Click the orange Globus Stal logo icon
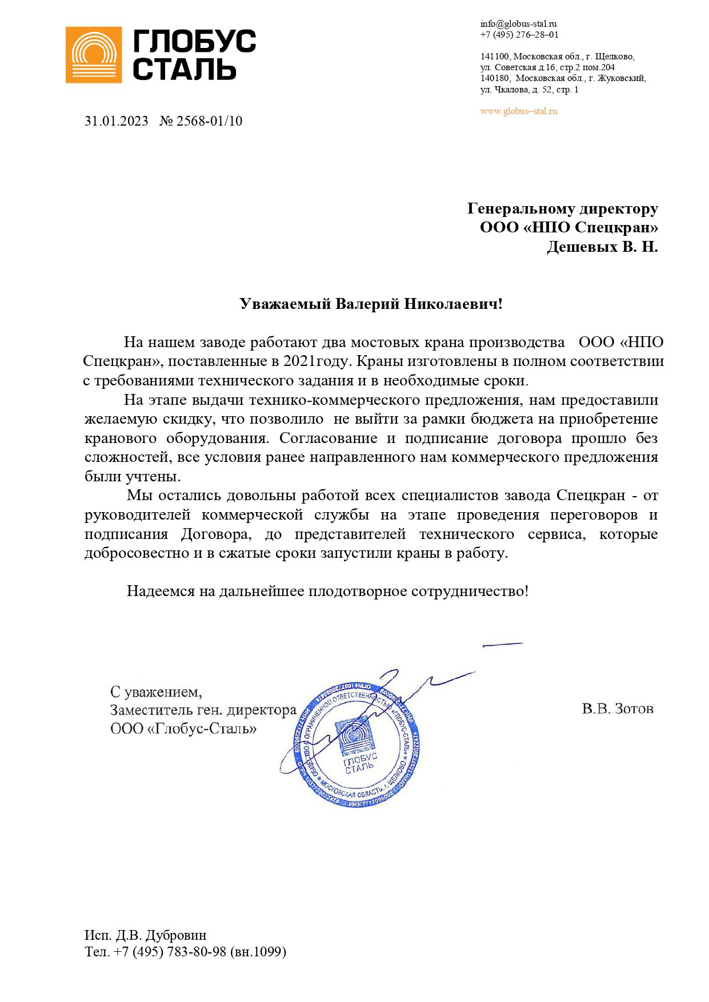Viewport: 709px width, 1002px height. coord(94,55)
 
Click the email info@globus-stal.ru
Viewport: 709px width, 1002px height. coord(518,24)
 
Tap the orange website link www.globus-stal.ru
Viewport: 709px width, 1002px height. coord(518,111)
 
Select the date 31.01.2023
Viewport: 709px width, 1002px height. coord(117,121)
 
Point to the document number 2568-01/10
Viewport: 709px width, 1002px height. coord(209,121)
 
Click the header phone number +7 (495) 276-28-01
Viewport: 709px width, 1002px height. coord(519,35)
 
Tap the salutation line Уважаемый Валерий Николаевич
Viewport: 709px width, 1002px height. coord(371,304)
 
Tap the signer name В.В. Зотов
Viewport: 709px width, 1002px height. coord(618,709)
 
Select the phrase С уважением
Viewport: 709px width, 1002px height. coord(156,692)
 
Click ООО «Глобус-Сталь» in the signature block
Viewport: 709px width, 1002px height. coord(183,729)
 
